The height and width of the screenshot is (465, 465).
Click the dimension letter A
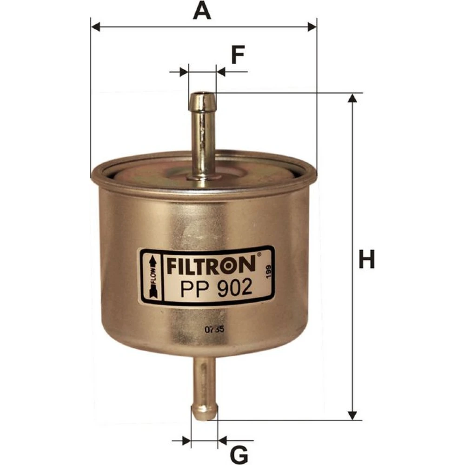202,10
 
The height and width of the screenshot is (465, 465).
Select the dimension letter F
238,55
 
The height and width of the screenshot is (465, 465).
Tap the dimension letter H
366,259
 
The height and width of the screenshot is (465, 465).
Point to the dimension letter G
239,454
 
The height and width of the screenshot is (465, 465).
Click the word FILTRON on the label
211,265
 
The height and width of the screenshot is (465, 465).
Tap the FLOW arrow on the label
153,277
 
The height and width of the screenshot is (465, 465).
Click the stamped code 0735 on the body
214,330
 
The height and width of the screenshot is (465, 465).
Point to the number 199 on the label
269,272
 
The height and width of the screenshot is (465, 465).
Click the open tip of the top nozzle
202,95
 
